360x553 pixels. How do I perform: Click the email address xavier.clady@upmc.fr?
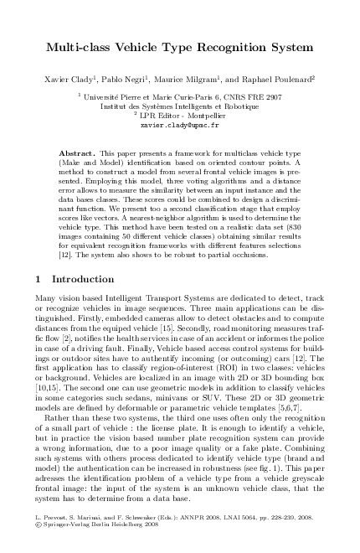(180, 132)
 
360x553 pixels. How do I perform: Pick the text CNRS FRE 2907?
(250, 98)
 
